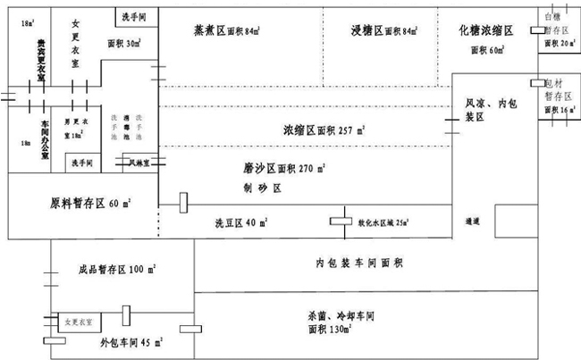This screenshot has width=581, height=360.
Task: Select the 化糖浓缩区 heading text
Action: point(486,29)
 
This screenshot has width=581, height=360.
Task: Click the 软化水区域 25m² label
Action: point(382,222)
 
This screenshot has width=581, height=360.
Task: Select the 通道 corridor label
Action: point(473,221)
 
